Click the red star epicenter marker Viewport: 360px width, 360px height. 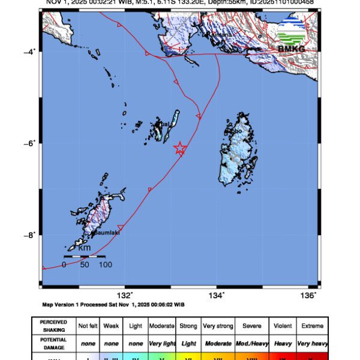coord(179,148)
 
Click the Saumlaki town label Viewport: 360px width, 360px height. coord(106,233)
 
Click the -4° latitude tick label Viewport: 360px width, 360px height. coord(29,52)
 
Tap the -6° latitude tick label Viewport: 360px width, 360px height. coord(29,143)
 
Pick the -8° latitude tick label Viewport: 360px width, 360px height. coord(29,235)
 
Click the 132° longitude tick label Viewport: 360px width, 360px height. coord(124,295)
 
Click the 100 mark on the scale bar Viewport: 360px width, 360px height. coord(106,265)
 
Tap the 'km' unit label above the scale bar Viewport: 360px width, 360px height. coord(85,248)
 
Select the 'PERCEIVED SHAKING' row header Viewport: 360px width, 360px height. coord(53,326)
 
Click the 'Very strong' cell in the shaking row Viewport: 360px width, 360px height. coord(217,326)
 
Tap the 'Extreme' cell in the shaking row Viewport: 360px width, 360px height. coord(313,326)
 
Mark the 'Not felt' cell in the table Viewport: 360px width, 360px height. coord(87,326)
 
